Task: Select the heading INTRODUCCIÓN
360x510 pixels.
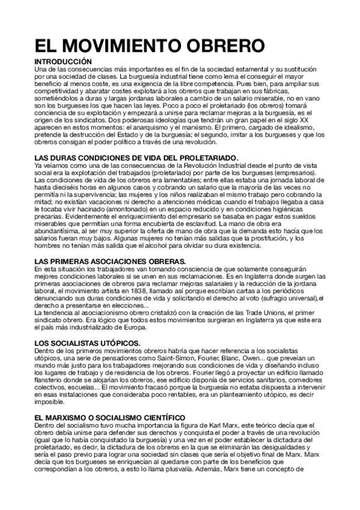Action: pos(63,62)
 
